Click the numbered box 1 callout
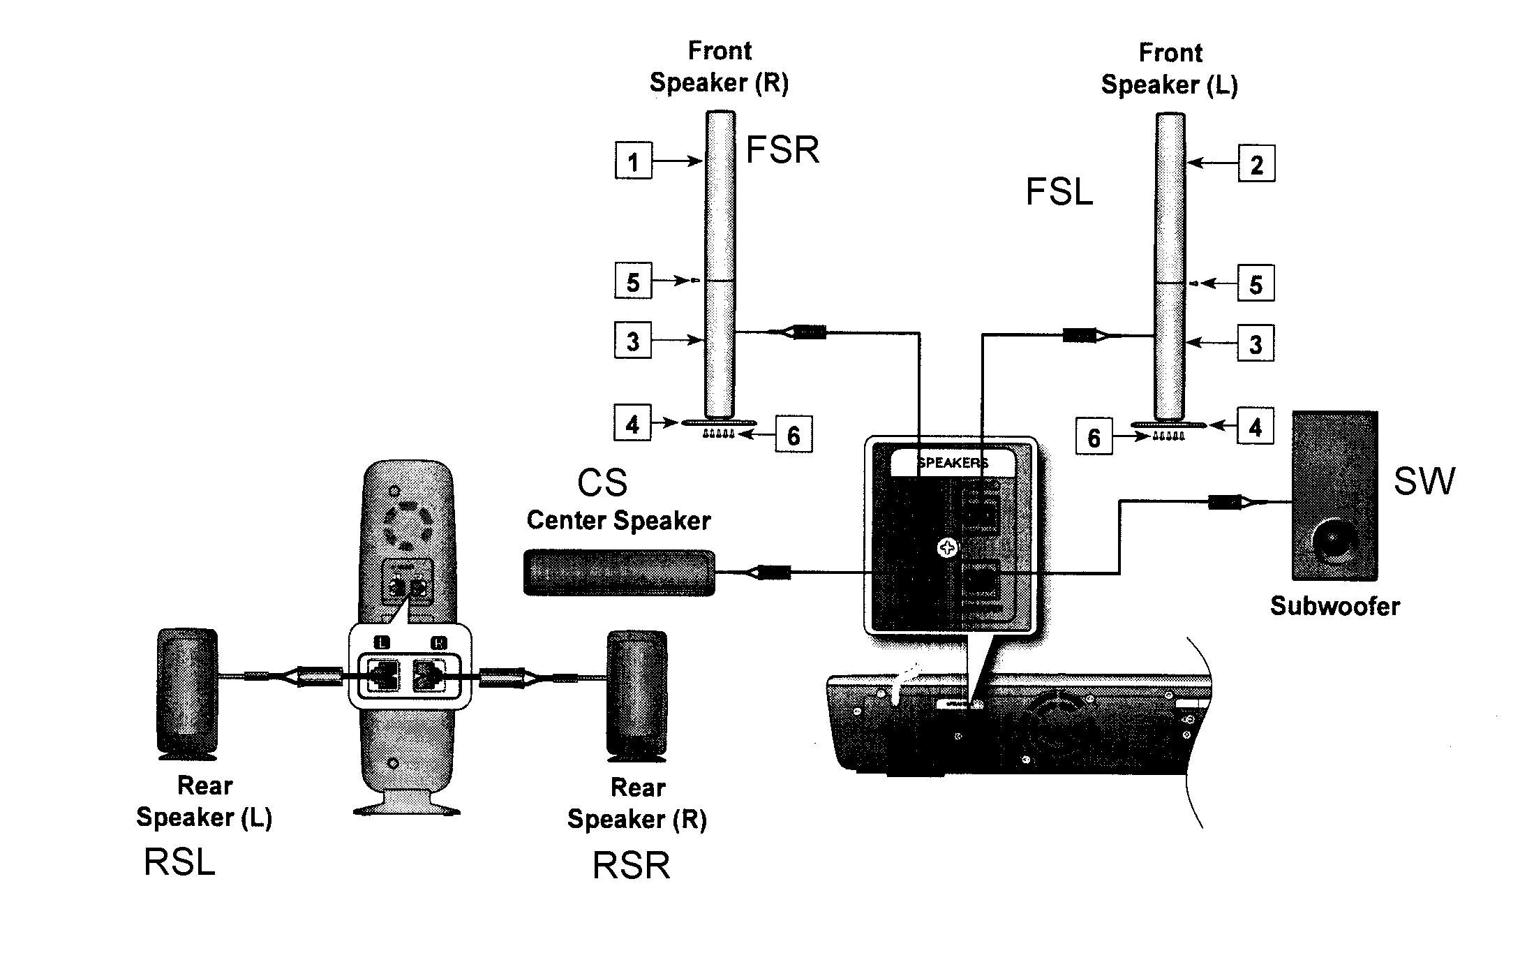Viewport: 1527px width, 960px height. pyautogui.click(x=633, y=161)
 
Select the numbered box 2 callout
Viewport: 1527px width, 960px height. pyautogui.click(x=1256, y=163)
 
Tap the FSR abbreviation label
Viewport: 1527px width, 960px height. pyautogui.click(x=782, y=149)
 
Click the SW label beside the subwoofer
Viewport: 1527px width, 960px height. pyautogui.click(x=1424, y=480)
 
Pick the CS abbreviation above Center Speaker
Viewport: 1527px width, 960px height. pyautogui.click(x=602, y=482)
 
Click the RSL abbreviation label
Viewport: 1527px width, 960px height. pyautogui.click(x=179, y=862)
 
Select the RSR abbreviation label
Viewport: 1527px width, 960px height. pyautogui.click(x=631, y=866)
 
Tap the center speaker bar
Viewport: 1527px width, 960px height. pyautogui.click(x=619, y=573)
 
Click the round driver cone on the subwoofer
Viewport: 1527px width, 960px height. pyautogui.click(x=1334, y=540)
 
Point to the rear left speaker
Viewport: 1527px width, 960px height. pyautogui.click(x=187, y=693)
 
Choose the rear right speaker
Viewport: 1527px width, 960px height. pyautogui.click(x=636, y=695)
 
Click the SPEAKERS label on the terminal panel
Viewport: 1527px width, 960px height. pyautogui.click(x=952, y=463)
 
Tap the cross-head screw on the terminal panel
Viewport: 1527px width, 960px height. pyautogui.click(x=947, y=548)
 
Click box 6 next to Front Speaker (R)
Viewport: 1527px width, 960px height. pyautogui.click(x=794, y=435)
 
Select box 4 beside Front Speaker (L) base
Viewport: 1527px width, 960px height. pyautogui.click(x=1255, y=427)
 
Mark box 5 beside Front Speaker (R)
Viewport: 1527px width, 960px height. pyautogui.click(x=633, y=281)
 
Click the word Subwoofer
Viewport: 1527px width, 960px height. pyautogui.click(x=1334, y=605)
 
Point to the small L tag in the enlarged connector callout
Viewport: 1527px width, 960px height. pyautogui.click(x=382, y=642)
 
